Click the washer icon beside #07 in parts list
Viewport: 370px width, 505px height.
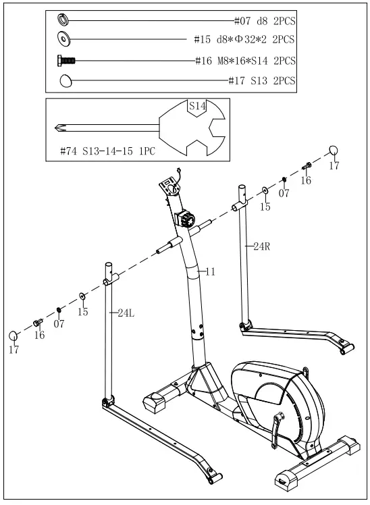(63, 18)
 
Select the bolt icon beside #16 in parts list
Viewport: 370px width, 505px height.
(65, 61)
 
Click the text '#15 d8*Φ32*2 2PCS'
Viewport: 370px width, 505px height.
(244, 40)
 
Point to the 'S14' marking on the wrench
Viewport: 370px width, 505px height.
(196, 106)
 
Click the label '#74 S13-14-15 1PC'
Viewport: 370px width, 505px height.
(107, 151)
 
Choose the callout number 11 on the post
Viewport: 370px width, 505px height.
(210, 271)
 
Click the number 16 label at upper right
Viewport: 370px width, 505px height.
(306, 180)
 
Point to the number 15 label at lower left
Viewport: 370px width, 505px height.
(82, 312)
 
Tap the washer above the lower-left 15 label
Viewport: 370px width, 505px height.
(82, 296)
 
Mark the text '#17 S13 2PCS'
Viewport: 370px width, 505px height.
(262, 82)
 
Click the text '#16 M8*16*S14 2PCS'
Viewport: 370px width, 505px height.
(245, 61)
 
